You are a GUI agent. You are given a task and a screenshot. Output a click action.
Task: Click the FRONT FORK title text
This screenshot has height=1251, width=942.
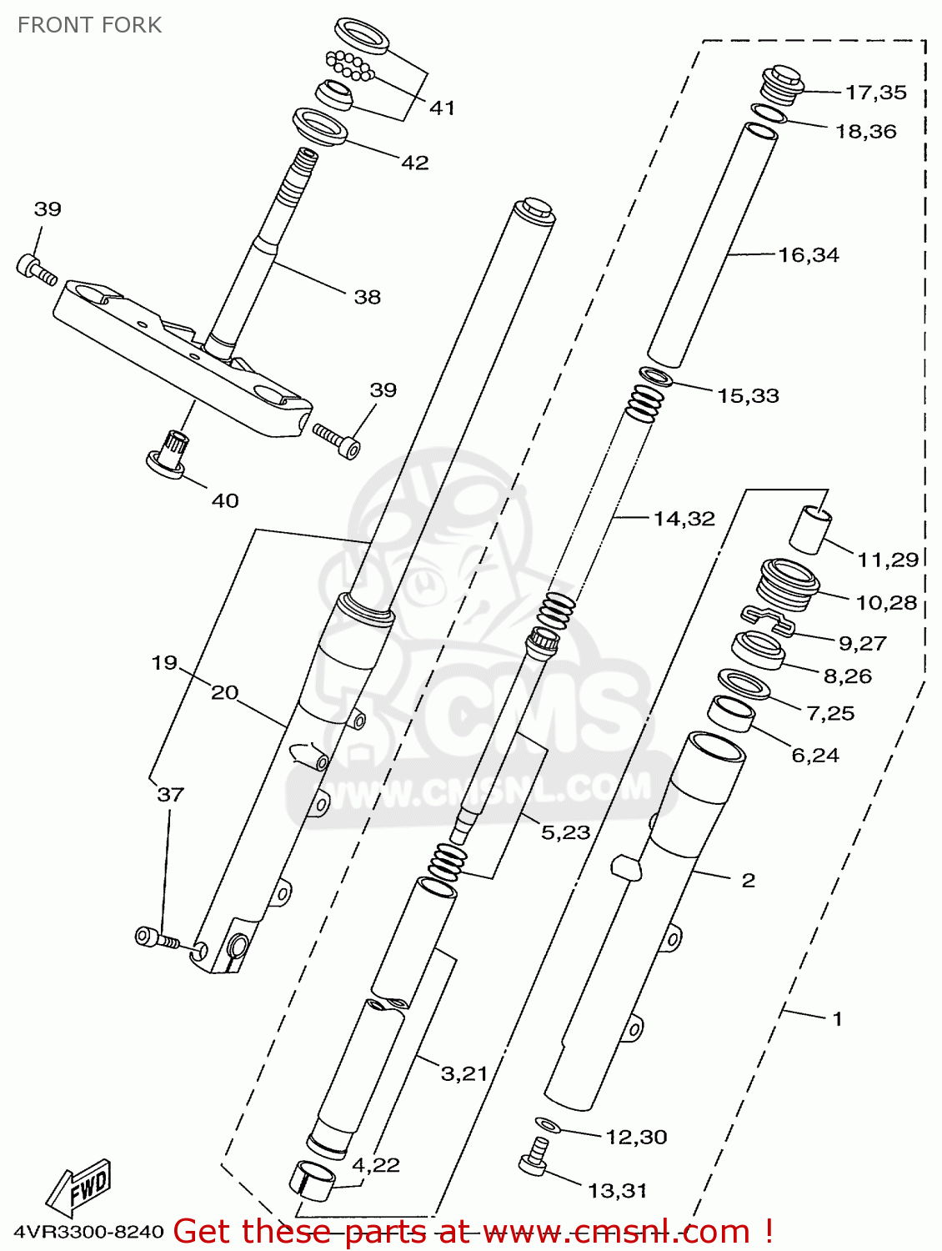coord(89,25)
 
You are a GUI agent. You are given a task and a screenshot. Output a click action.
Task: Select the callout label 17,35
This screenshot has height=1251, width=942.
coord(875,93)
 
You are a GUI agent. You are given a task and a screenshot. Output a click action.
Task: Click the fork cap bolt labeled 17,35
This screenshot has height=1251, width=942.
coord(782,82)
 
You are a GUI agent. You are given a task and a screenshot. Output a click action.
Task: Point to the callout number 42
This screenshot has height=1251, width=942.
coord(414,163)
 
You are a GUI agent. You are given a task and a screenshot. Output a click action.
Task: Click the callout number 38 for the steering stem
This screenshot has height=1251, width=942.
coord(367,297)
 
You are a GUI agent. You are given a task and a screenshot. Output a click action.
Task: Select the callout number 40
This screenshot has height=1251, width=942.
coord(225,500)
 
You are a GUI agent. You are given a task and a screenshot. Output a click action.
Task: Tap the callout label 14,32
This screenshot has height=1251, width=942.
coord(684,519)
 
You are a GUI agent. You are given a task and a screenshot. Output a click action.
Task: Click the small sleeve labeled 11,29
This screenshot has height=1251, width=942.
coord(810,529)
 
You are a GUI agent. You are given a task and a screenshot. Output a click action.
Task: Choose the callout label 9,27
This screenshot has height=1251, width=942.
coord(862,643)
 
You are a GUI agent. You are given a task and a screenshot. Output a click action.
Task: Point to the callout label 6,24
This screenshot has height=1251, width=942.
coord(814,755)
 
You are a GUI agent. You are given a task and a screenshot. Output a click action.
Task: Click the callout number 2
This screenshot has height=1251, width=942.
coord(748,880)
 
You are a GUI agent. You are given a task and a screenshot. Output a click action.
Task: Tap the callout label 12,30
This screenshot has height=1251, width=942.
coord(635,1137)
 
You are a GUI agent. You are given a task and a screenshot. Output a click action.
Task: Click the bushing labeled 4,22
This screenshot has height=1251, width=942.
coord(313,1177)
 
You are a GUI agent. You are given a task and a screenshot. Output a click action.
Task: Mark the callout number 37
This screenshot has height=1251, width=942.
coord(170,794)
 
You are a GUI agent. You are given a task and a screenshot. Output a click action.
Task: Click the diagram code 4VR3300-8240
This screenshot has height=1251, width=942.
coord(88,1232)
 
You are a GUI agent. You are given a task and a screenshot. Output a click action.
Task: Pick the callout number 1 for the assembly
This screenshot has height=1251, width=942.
coord(837,1018)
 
